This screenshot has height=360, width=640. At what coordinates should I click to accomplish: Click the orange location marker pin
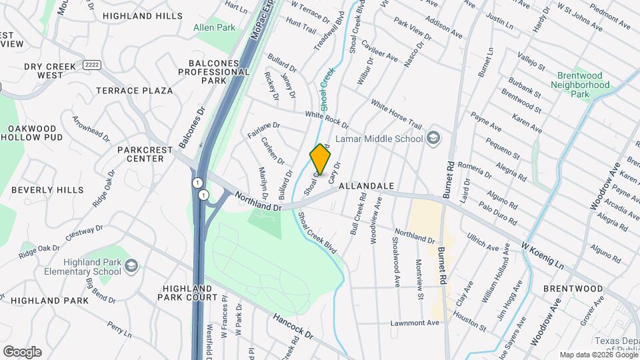pos(321,159)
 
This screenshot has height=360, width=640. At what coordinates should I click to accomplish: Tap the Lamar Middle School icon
pos(433,139)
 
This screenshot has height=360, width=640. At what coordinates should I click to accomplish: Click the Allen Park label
pos(214,28)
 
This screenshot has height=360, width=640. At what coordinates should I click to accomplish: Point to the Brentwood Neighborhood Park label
pos(580,85)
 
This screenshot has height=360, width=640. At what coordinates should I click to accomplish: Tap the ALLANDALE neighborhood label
pos(366,186)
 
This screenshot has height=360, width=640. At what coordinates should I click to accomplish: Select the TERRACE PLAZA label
pos(134,91)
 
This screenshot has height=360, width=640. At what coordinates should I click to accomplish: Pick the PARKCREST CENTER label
pos(141,154)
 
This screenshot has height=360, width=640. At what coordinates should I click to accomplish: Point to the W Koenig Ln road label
pos(543,256)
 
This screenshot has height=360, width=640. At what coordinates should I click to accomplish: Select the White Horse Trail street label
pos(397,115)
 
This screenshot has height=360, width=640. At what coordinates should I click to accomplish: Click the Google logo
pos(22,352)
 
